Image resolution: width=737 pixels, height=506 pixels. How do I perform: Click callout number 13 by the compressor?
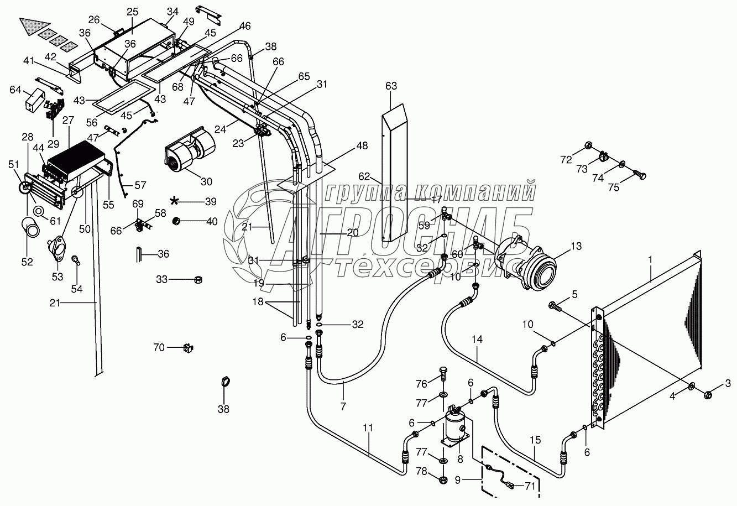pos(577,246)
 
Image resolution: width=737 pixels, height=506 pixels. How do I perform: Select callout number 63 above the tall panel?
pos(391,86)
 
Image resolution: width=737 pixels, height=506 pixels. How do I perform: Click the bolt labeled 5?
pos(555,306)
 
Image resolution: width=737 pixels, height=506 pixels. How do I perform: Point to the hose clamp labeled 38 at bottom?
pos(224,382)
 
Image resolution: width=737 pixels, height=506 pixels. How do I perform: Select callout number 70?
pos(159,347)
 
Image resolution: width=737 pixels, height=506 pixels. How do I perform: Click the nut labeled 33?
pos(198,280)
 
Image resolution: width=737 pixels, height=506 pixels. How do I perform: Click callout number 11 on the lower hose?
pos(368,427)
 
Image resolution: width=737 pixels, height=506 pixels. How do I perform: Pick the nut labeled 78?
pos(444,479)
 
